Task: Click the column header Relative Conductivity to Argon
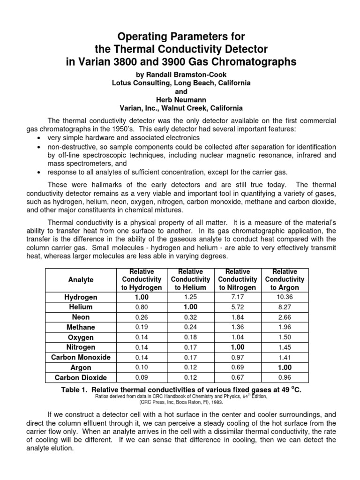point(285,279)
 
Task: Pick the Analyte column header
point(81,280)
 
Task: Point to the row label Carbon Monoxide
point(81,357)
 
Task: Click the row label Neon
point(81,317)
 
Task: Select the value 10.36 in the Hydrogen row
point(285,297)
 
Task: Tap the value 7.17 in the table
point(237,297)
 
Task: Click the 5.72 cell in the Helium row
point(237,307)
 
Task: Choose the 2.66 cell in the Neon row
point(285,317)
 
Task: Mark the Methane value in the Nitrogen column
point(237,327)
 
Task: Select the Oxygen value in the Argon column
point(285,337)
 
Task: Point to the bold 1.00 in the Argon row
point(285,367)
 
